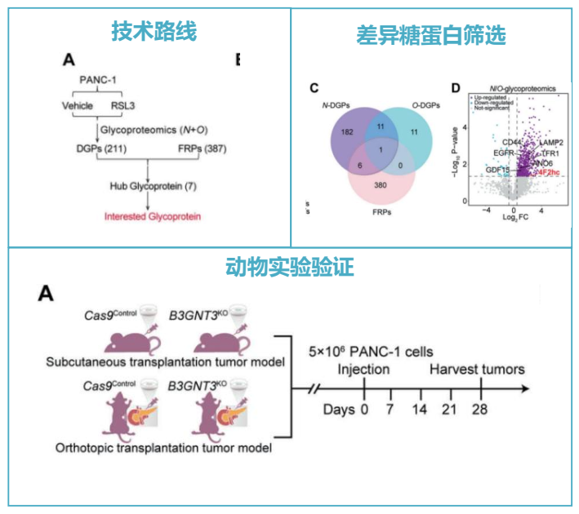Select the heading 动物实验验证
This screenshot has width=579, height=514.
pyautogui.click(x=289, y=267)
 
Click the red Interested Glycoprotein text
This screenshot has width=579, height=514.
pyautogui.click(x=151, y=216)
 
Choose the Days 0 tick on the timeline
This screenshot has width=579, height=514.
pyautogui.click(x=365, y=409)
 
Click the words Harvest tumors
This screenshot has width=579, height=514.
pyautogui.click(x=478, y=370)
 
